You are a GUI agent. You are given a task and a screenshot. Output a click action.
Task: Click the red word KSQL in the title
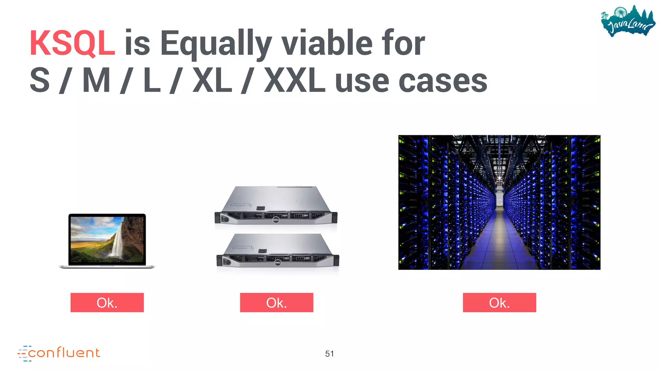point(72,43)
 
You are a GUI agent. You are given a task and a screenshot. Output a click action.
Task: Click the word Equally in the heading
point(216,43)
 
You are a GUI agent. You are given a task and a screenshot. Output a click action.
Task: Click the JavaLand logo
point(628,21)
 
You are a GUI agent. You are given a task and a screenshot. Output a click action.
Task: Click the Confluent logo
point(59,353)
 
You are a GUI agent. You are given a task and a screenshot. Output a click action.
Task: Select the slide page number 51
point(329,354)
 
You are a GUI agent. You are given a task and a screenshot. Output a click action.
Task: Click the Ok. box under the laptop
point(107,302)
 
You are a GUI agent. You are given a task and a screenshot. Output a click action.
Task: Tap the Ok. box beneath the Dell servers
point(277,302)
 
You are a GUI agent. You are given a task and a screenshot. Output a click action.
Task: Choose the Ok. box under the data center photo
point(499,302)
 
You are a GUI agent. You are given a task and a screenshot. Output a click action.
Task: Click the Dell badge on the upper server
point(276,220)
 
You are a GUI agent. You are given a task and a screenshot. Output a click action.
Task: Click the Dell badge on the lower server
point(278,263)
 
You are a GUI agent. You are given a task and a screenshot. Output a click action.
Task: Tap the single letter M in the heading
point(96,81)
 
